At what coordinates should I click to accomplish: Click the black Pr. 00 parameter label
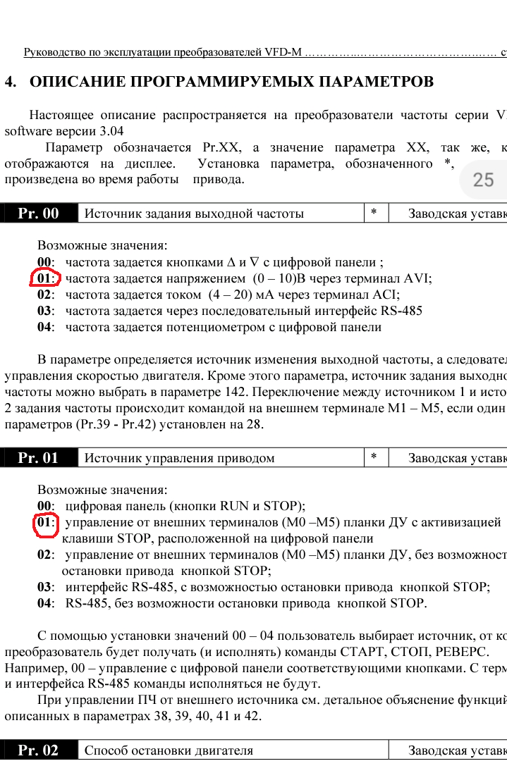39,214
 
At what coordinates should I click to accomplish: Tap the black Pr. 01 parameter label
39,458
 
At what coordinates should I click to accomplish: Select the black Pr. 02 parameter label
39,750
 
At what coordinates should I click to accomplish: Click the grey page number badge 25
483,180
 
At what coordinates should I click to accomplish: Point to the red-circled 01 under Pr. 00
45,278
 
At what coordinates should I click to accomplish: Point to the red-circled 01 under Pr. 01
46,524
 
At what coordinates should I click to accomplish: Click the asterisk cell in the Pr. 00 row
374,213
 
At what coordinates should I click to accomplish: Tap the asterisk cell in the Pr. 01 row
374,457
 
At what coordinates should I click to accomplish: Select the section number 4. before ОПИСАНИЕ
11,82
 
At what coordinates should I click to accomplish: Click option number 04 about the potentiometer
45,327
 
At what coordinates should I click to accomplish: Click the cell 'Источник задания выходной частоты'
195,214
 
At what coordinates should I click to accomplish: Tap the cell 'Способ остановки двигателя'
169,750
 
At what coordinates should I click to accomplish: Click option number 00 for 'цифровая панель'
45,506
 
